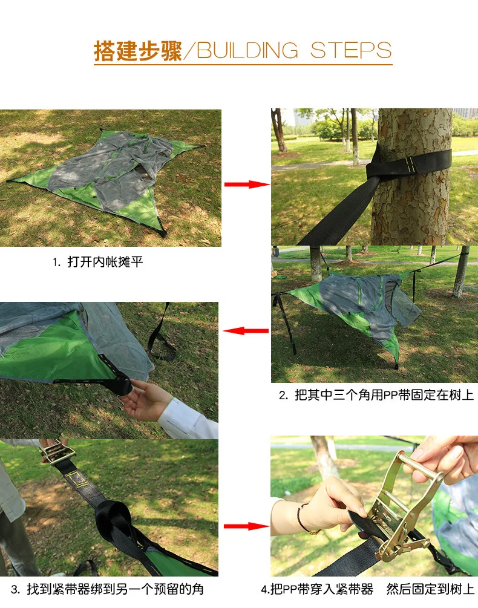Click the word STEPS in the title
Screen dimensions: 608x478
pos(351,51)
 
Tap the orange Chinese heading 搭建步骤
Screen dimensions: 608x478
pos(137,51)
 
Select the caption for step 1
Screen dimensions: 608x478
pos(97,263)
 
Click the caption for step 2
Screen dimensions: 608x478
pos(376,395)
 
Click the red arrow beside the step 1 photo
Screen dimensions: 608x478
pos(247,184)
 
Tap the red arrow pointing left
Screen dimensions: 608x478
pos(246,331)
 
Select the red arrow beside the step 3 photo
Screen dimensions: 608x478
pos(246,526)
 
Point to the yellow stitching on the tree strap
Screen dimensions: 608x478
pos(410,162)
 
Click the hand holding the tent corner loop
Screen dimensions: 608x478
pos(145,399)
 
